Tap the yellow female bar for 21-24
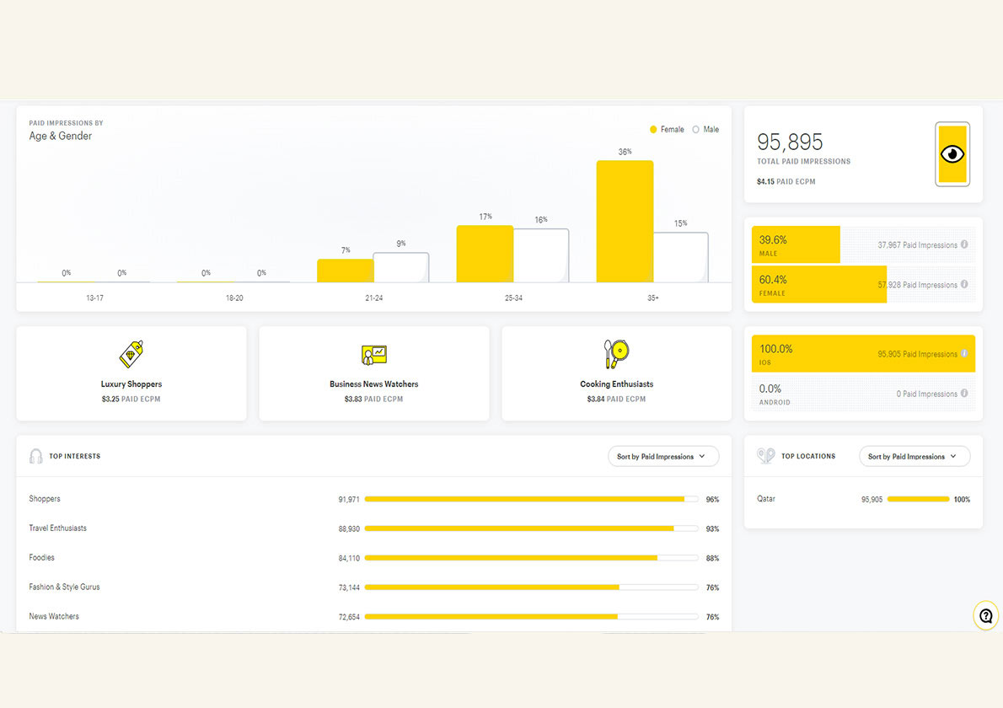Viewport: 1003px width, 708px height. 346,271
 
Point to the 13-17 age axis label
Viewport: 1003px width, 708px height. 94,298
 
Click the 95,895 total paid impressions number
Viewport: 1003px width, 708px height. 790,142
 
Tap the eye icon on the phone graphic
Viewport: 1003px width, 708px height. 952,154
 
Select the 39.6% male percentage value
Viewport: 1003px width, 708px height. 773,240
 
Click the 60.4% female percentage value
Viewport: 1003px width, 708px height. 773,280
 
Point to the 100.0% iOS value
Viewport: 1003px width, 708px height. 776,349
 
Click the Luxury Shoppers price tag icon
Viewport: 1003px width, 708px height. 131,354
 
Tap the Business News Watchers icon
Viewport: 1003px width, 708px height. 373,355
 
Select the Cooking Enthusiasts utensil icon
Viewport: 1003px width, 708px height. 616,354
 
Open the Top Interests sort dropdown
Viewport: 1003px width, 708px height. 662,457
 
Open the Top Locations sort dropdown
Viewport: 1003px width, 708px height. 914,457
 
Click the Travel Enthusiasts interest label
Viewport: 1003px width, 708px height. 58,528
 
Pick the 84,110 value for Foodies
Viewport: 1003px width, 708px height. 349,558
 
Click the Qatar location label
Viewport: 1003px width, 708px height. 766,499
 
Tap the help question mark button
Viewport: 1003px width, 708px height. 986,616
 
